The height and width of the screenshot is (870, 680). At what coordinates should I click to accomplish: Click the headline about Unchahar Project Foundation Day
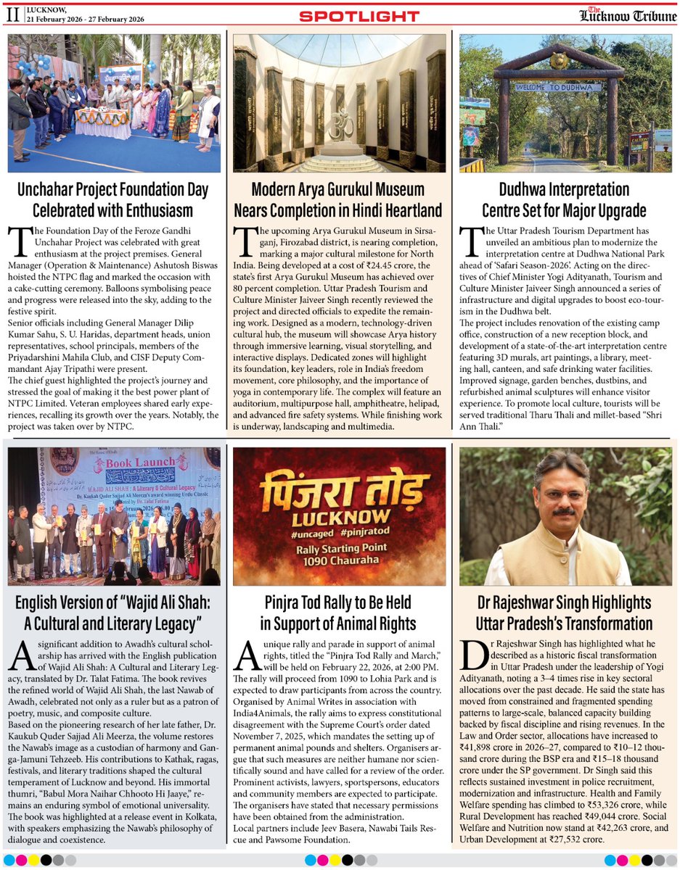point(114,200)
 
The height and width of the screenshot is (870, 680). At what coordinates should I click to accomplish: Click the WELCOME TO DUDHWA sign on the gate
point(560,86)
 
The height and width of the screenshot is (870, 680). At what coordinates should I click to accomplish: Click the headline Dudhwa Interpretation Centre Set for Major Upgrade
point(564,200)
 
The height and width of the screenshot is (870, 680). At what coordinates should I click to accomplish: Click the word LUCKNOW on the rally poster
point(339,520)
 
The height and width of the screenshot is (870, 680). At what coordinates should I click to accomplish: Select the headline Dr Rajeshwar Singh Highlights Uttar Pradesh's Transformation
point(564,613)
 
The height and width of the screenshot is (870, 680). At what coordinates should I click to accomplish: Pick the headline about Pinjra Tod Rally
point(339,613)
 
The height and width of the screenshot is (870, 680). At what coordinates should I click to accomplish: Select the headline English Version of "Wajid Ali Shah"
point(114,613)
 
